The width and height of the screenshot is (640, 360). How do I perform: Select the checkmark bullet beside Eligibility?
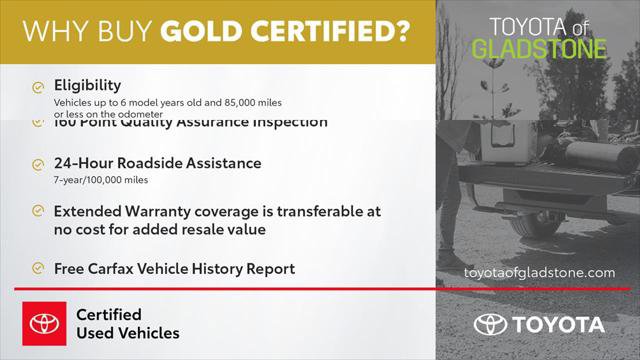[37, 87]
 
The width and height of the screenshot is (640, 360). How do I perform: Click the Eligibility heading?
[87, 86]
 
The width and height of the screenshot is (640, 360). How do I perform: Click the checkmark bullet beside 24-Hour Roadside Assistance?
[37, 164]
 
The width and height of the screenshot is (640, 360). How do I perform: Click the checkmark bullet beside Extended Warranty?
[37, 212]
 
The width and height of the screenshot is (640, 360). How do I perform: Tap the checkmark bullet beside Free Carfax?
[37, 269]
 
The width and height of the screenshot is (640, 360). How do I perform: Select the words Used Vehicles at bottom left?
[128, 333]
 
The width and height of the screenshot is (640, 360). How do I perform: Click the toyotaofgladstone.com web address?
[540, 272]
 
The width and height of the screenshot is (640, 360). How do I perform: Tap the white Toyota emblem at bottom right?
[490, 325]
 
